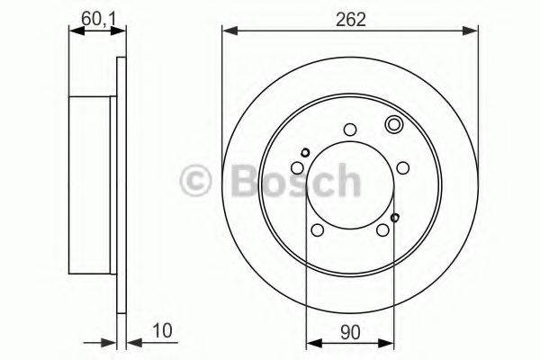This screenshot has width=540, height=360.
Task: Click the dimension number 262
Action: click(x=350, y=19)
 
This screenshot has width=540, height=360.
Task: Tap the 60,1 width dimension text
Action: click(x=94, y=18)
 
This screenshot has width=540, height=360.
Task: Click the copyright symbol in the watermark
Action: click(x=196, y=179)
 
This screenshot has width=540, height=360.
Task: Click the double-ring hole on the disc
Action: click(x=393, y=125)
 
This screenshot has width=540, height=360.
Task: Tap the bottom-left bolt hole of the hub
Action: click(x=317, y=231)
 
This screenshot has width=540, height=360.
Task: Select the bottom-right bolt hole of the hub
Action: click(x=383, y=231)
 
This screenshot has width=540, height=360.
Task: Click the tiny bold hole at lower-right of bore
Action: click(x=395, y=217)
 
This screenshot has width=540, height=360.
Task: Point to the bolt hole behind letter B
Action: click(x=297, y=168)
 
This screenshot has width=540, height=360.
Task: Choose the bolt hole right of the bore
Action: click(x=402, y=168)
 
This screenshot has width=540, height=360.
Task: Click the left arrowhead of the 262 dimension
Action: click(x=228, y=32)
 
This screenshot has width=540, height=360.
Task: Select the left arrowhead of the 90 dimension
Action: click(x=311, y=341)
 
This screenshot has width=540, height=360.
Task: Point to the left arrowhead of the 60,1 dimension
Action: click(x=74, y=32)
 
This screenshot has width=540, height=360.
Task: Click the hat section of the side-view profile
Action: click(x=94, y=179)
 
